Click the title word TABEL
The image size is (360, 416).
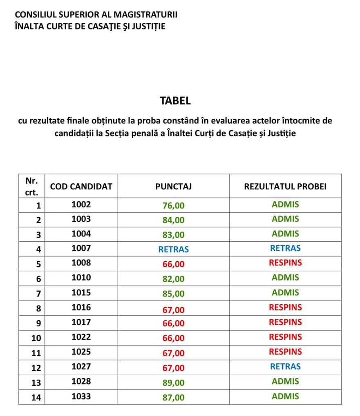point(175,100)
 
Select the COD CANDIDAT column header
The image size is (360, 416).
point(81,187)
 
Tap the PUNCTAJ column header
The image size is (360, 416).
point(173,187)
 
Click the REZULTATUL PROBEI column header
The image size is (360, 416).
point(285,187)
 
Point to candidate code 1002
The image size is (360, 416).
point(81,204)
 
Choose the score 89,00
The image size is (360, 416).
point(173,382)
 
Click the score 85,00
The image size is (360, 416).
point(173,293)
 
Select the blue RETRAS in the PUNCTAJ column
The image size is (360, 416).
point(173,249)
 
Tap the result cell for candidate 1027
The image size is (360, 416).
point(285,367)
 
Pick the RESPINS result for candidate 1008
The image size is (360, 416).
point(285,263)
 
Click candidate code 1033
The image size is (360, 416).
point(81,396)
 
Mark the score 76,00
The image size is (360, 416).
point(173,205)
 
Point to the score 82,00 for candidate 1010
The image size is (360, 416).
point(173,279)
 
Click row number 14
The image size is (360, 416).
point(36,397)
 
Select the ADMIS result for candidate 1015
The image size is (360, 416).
point(285,292)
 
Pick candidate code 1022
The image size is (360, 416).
point(81,337)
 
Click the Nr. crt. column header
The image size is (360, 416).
point(31,187)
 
